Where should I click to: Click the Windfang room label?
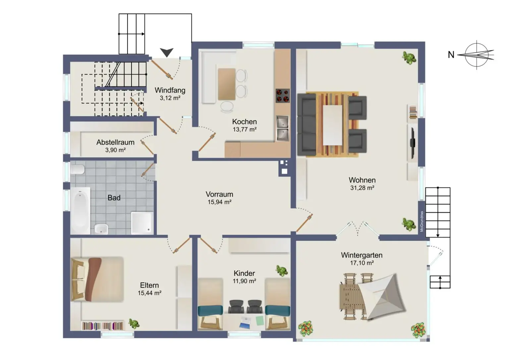[170, 90]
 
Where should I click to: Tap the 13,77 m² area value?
[245, 129]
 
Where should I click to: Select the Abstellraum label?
[115, 142]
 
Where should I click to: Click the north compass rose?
[477, 55]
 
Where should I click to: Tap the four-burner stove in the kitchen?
[283, 95]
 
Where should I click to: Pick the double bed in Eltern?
[97, 279]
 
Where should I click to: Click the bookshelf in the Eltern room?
[103, 326]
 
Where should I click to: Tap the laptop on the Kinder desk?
[245, 323]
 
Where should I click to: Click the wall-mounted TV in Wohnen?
[413, 143]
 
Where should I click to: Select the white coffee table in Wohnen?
[333, 125]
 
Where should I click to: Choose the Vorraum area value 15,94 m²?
[219, 202]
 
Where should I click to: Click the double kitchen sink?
[282, 128]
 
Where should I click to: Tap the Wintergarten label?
[362, 255]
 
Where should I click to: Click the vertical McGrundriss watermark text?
[422, 221]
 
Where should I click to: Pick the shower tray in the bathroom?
[142, 223]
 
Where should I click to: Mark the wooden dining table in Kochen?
[227, 84]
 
